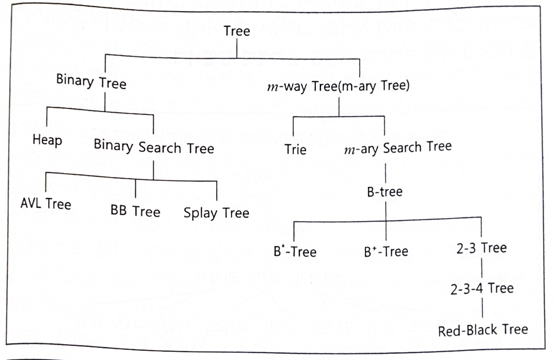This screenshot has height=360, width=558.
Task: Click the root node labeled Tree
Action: (237, 32)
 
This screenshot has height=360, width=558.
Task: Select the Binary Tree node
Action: (91, 82)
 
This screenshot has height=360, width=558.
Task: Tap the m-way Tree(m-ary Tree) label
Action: (338, 88)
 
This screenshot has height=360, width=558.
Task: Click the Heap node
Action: (48, 141)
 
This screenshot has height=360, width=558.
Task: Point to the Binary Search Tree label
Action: (154, 147)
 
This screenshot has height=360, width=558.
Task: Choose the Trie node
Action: (295, 149)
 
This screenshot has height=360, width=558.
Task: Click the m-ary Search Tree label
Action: (398, 147)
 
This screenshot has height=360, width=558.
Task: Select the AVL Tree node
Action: (46, 204)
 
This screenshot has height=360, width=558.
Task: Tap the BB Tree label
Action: (135, 211)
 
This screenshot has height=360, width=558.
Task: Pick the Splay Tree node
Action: (216, 213)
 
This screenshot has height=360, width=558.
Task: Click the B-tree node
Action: (384, 193)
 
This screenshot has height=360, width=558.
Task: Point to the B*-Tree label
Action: (295, 251)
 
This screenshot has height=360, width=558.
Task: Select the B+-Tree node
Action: (386, 251)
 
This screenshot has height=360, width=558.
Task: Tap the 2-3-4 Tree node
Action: (482, 288)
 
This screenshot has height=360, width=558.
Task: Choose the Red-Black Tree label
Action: (483, 330)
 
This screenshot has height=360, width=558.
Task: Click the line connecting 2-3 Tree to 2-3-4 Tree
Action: (482, 268)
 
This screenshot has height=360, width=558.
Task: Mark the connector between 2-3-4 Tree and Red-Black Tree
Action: (482, 309)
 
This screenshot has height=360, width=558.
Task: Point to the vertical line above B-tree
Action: (385, 171)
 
